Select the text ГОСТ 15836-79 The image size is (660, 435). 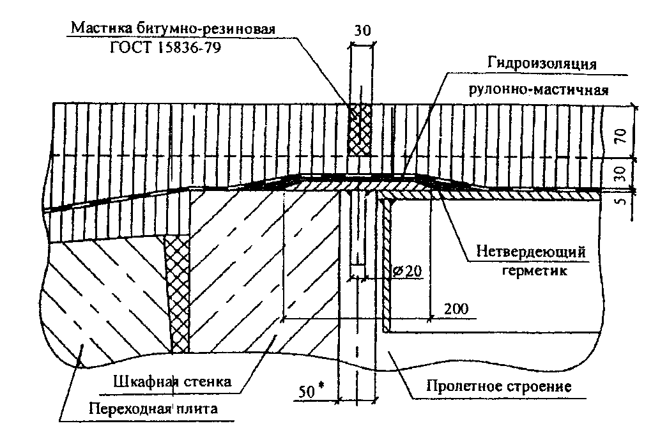coord(165,47)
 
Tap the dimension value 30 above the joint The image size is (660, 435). coord(362,31)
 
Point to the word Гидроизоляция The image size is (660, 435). coord(542,63)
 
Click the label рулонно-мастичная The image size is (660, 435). coord(539,89)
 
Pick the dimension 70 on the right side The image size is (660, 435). coord(622,136)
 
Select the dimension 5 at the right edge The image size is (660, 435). coord(621,201)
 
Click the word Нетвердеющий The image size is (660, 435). coord(531,252)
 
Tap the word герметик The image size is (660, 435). coord(535,270)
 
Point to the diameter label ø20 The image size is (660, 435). coord(406,270)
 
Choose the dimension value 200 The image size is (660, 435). coord(456,309)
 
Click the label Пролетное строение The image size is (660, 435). coord(499,386)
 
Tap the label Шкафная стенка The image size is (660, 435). coord(172,381)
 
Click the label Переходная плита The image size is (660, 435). coord(153,408)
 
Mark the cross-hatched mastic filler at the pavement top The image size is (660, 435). coord(360,130)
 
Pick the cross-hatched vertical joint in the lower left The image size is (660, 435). coord(177,294)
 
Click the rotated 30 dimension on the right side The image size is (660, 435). coord(622,174)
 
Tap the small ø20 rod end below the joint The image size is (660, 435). coord(357,271)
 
